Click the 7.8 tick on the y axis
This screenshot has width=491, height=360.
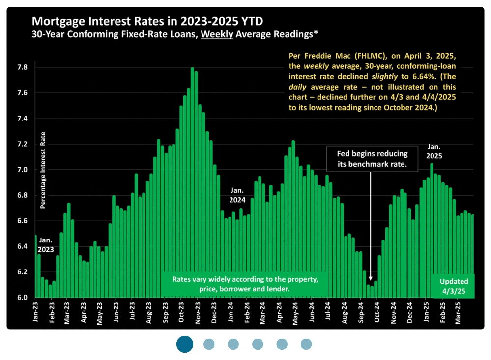point(22,67)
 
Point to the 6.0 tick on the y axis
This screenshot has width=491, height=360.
point(22,298)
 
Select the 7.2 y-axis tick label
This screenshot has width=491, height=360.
point(22,144)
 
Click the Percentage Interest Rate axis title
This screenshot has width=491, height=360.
point(43,170)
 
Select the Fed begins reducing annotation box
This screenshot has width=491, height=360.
point(372,158)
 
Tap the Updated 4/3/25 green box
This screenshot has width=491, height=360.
point(454,286)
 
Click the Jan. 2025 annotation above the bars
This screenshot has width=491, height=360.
point(434,151)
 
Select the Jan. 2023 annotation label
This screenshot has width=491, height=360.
point(45,244)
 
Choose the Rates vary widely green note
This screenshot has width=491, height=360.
point(244,284)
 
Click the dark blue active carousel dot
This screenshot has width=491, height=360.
point(185,344)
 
